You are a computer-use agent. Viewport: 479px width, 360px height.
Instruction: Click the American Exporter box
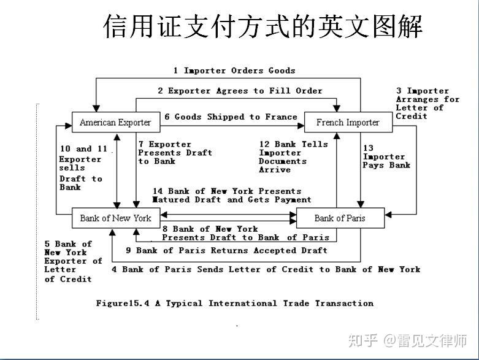115,123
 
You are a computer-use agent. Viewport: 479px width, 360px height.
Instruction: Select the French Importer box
348,123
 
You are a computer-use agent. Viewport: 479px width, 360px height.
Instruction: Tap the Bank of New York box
115,218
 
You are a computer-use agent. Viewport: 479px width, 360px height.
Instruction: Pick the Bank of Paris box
340,218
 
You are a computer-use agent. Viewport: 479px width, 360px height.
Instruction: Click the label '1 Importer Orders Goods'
234,71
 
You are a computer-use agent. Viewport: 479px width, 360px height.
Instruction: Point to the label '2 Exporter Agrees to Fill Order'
239,91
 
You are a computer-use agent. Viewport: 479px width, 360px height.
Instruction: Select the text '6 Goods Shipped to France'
231,117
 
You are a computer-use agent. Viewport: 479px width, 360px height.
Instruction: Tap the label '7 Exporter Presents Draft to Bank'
175,153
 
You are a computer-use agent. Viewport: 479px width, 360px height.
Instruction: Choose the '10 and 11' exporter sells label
83,167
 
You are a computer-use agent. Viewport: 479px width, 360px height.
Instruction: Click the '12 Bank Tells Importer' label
293,157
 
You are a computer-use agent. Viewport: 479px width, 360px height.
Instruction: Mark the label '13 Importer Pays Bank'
386,156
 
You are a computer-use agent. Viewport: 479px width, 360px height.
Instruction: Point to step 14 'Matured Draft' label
232,195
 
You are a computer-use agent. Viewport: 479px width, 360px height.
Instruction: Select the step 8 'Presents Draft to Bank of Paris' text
245,233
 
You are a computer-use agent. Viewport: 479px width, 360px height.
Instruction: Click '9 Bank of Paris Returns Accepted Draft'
227,250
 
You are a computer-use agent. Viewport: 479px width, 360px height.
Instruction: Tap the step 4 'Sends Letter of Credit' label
266,269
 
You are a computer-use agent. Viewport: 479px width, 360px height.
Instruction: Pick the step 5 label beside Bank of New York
72,261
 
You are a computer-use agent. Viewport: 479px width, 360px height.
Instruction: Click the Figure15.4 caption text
235,303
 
